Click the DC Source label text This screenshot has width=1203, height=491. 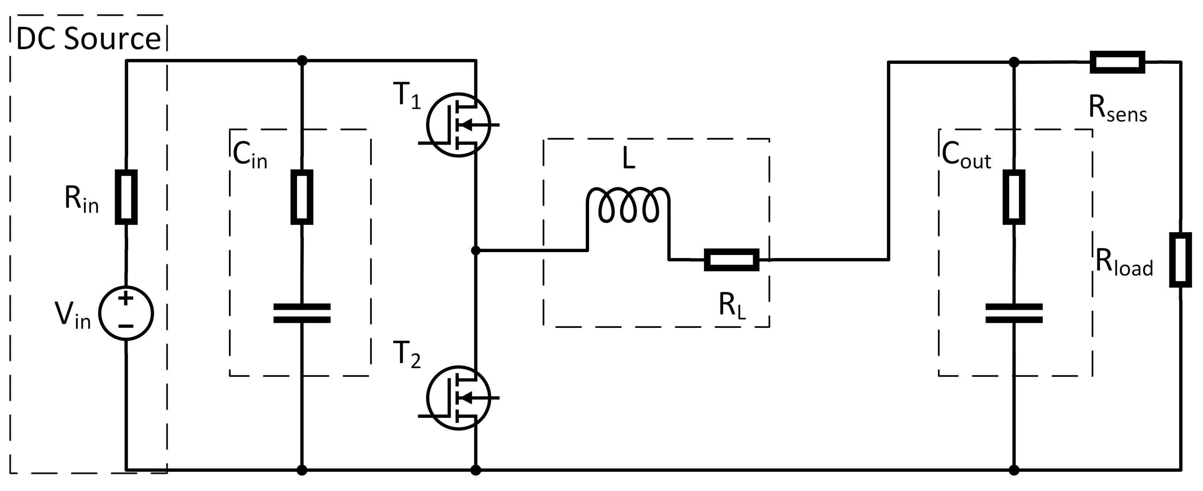pos(88,39)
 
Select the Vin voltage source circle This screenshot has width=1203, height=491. pos(126,313)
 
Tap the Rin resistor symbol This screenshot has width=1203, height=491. pos(126,197)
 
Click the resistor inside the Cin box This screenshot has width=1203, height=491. pos(302,197)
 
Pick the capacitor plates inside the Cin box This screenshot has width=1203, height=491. pos(302,314)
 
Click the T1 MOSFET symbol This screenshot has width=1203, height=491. pos(459,125)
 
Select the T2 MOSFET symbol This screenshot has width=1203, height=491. pos(459,398)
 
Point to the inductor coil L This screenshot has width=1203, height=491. pos(629,206)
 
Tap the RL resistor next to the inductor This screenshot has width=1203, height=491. pos(731,260)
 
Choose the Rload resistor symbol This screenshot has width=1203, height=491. pos(1180,260)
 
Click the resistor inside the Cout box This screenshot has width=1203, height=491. pos(1014,197)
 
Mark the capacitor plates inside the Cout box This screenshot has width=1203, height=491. pos(1014,314)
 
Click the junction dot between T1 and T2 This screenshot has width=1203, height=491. pos(476,251)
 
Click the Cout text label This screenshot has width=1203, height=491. pos(966,156)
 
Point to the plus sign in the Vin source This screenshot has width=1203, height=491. pos(126,298)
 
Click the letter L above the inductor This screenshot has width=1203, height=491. pos(629,160)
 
